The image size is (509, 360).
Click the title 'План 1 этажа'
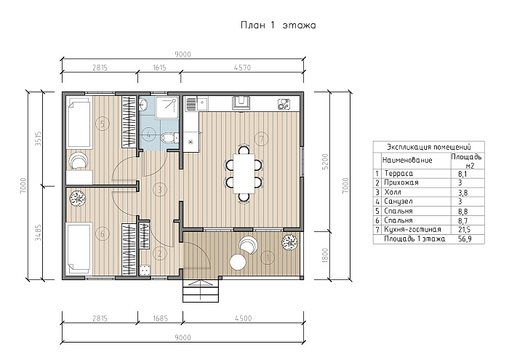(278, 25)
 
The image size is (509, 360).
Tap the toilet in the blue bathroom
(169, 137)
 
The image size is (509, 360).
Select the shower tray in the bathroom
(167, 107)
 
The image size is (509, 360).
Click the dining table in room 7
(244, 173)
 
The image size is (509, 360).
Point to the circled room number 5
(103, 124)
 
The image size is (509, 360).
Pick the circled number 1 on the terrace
(268, 257)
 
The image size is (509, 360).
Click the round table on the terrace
(238, 262)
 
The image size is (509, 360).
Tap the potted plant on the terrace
(289, 241)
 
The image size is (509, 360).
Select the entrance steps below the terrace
(200, 290)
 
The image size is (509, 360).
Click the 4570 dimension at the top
(242, 68)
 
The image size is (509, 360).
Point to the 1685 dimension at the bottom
(160, 318)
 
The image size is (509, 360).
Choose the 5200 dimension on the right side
(326, 161)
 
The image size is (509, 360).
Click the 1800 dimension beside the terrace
(326, 255)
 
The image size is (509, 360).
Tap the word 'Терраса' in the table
(398, 173)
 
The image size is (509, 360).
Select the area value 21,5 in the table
(464, 230)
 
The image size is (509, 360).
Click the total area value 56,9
(464, 239)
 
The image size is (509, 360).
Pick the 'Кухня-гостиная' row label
(412, 229)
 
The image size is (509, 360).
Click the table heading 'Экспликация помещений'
(428, 147)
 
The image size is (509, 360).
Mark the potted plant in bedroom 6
(77, 198)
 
